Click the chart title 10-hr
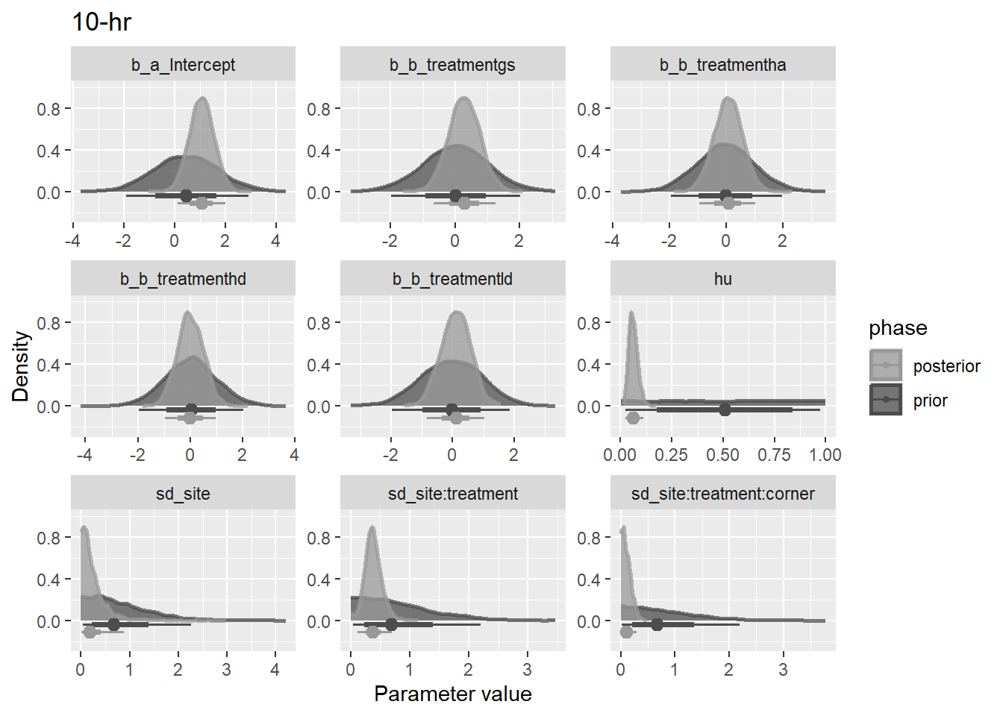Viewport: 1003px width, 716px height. pos(101,22)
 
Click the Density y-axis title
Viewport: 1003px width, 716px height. pos(20,366)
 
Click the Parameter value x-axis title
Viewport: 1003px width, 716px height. pos(452,694)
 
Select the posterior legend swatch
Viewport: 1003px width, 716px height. pos(885,365)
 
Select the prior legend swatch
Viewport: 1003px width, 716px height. pos(885,400)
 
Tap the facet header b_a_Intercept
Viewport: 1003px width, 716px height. pos(183,65)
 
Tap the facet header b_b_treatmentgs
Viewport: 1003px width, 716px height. pos(452,65)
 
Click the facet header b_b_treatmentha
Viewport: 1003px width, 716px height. pos(722,65)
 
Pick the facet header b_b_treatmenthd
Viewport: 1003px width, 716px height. pos(183,279)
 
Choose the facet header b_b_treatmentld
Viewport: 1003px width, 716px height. pos(452,279)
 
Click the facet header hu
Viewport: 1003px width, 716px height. pos(722,279)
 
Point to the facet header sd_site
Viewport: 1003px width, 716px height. pos(183,494)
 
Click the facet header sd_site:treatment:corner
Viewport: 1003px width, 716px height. pos(722,494)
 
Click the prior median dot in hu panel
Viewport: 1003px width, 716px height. pos(725,409)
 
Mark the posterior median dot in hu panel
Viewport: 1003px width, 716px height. pos(633,418)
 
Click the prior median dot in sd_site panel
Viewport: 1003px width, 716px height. pos(113,624)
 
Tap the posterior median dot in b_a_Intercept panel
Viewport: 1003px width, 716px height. pos(201,203)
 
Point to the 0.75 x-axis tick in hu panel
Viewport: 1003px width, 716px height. pos(774,455)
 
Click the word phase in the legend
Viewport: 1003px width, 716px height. pos(898,328)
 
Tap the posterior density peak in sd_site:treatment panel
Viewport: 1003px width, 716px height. pos(372,529)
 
